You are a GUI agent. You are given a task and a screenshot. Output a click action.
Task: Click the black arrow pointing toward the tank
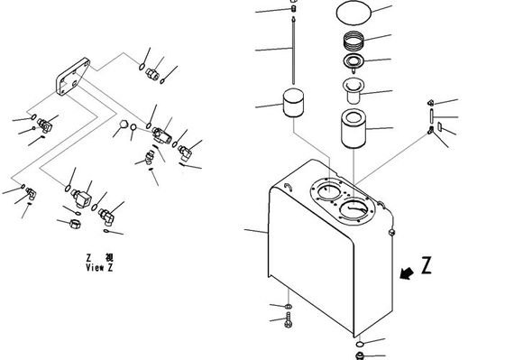407,273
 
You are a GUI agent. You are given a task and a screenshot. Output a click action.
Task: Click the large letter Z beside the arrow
427,265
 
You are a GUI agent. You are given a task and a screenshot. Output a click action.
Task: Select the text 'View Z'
99,267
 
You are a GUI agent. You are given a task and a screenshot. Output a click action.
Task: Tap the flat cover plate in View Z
72,76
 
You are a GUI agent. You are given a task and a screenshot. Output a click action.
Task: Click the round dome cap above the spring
353,13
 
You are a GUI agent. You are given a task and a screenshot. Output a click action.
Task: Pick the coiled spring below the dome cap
353,41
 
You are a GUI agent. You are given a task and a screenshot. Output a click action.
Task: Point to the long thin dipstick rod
293,51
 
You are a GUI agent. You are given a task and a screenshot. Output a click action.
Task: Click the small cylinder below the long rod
293,103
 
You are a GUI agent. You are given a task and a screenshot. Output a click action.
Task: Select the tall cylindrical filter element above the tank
353,129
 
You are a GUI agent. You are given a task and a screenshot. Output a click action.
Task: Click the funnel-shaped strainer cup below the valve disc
353,91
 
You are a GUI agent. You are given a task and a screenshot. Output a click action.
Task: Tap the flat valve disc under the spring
353,62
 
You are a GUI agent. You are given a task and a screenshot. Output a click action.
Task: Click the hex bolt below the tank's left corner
289,320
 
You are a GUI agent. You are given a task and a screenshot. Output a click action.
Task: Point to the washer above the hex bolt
289,306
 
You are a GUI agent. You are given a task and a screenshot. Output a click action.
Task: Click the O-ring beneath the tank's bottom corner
360,345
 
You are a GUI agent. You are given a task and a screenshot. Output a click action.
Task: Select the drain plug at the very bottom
360,355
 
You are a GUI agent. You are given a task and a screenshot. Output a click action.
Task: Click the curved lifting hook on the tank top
289,188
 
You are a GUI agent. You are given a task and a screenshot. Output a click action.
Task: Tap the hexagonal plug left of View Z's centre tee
124,125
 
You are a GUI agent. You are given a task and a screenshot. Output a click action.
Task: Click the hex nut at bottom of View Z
75,224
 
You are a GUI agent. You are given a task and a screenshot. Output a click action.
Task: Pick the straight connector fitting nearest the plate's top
152,74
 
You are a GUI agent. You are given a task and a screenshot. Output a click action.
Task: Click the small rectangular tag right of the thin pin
440,126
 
